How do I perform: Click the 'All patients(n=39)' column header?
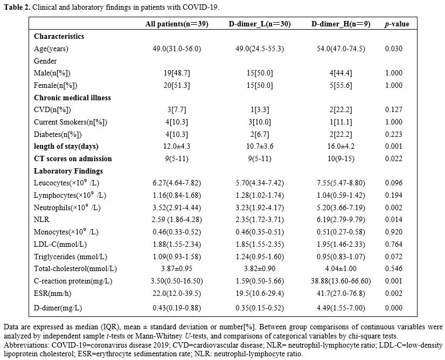click(x=177, y=24)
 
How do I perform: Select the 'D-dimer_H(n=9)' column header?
click(x=341, y=24)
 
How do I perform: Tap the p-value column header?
click(x=397, y=24)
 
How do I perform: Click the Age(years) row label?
click(x=51, y=49)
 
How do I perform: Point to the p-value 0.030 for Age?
click(x=394, y=49)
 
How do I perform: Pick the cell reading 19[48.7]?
click(x=177, y=73)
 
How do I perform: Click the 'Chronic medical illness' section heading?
click(x=72, y=98)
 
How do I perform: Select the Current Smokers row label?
click(x=71, y=122)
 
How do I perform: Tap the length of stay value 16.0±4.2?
click(x=341, y=146)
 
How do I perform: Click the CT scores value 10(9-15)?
click(x=341, y=158)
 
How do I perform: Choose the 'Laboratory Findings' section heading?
click(x=68, y=171)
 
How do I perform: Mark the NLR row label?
click(x=41, y=219)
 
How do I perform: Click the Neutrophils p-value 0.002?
click(x=394, y=207)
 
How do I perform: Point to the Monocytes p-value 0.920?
click(x=394, y=232)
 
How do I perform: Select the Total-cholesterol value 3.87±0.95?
click(x=177, y=268)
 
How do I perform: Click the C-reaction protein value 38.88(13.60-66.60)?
click(x=341, y=281)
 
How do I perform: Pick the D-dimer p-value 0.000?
click(x=394, y=308)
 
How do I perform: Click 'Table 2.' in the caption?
click(x=17, y=7)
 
